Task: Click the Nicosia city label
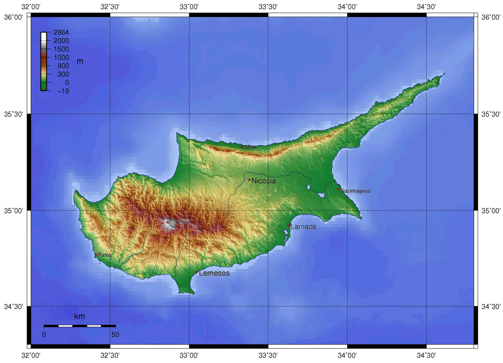(264, 181)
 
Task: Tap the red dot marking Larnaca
(289, 226)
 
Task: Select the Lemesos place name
(214, 273)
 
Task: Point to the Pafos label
(105, 255)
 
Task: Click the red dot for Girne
(241, 147)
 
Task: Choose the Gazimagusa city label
(355, 191)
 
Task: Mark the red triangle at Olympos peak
(168, 222)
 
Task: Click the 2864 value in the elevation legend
(61, 33)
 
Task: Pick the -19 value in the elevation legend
(63, 91)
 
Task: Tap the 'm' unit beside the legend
(80, 61)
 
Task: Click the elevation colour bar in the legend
(44, 61)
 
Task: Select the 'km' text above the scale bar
(79, 316)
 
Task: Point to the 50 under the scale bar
(115, 334)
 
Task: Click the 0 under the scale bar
(44, 334)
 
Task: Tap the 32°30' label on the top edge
(110, 7)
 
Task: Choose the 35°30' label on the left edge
(13, 114)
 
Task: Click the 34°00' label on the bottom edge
(347, 355)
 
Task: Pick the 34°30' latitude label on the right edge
(491, 306)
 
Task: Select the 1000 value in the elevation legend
(61, 57)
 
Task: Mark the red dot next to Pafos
(96, 255)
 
